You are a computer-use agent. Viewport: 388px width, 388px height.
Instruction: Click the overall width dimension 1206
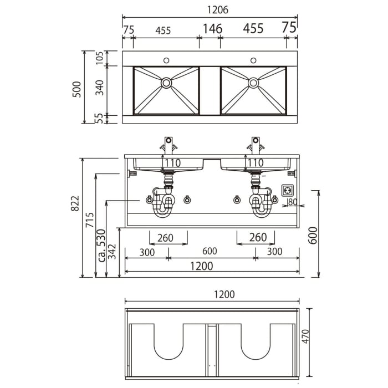210,10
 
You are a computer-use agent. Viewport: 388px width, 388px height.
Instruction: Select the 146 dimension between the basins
212,29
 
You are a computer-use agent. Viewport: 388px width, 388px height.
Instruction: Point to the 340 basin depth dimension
100,88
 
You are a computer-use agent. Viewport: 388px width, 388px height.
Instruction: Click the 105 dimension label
100,58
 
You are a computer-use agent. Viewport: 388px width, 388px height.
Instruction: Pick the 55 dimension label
100,118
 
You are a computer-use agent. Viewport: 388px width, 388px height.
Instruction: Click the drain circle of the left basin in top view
166,83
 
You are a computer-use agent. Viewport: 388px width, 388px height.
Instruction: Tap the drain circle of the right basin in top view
253,83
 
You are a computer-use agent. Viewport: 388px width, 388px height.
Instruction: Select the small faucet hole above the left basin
166,60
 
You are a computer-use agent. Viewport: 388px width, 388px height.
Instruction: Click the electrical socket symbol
288,190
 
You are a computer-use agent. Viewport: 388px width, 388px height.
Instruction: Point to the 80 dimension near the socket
292,202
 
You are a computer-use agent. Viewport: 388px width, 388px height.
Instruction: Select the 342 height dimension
113,252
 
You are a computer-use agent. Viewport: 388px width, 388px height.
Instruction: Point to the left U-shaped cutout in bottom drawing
169,341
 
